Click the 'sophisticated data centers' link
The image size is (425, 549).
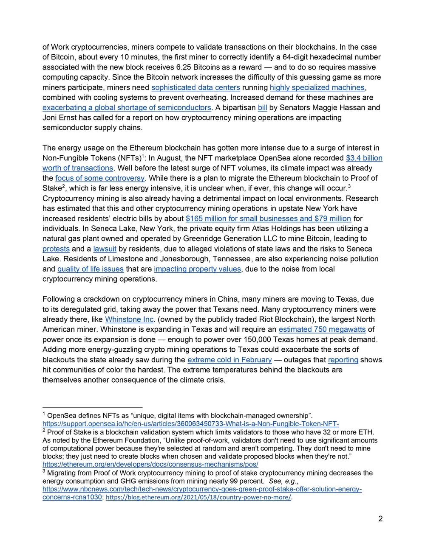click(x=195, y=87)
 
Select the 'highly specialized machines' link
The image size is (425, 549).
click(x=317, y=87)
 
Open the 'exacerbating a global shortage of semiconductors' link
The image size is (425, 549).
click(x=127, y=108)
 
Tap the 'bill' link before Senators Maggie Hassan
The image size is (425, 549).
click(x=262, y=108)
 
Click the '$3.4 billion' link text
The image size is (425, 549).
click(x=364, y=158)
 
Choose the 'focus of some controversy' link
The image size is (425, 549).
click(x=100, y=178)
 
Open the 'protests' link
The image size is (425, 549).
click(x=56, y=249)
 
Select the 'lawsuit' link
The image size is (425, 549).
click(x=105, y=249)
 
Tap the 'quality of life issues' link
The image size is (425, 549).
click(x=90, y=269)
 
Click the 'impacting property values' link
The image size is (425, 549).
click(x=197, y=269)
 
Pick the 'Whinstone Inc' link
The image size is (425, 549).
click(x=129, y=319)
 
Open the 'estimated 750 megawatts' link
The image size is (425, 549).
click(x=322, y=330)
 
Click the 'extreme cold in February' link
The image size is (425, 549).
click(x=229, y=360)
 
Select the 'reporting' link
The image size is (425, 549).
click(x=343, y=360)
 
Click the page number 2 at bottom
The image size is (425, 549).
click(x=380, y=519)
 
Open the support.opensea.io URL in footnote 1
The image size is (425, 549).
click(x=190, y=424)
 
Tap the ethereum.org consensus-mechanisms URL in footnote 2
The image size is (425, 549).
click(x=150, y=464)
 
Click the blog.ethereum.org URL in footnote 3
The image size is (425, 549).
click(x=198, y=497)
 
